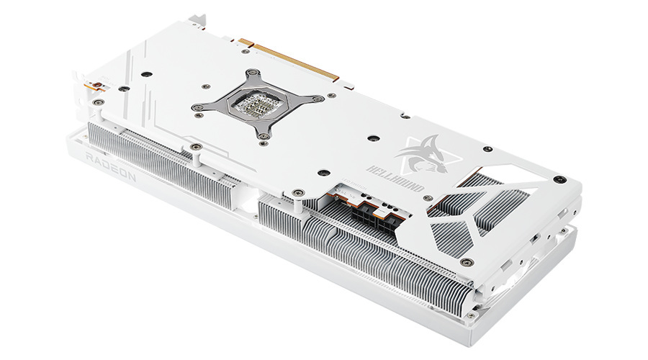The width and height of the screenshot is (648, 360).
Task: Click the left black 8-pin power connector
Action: click(360, 213)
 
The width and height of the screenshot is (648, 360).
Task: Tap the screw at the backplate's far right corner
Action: click(558, 178)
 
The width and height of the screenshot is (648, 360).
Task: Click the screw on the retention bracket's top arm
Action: click(253, 73)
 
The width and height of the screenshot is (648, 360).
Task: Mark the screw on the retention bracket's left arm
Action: click(196, 107)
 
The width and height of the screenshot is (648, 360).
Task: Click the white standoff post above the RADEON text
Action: click(194, 149)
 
